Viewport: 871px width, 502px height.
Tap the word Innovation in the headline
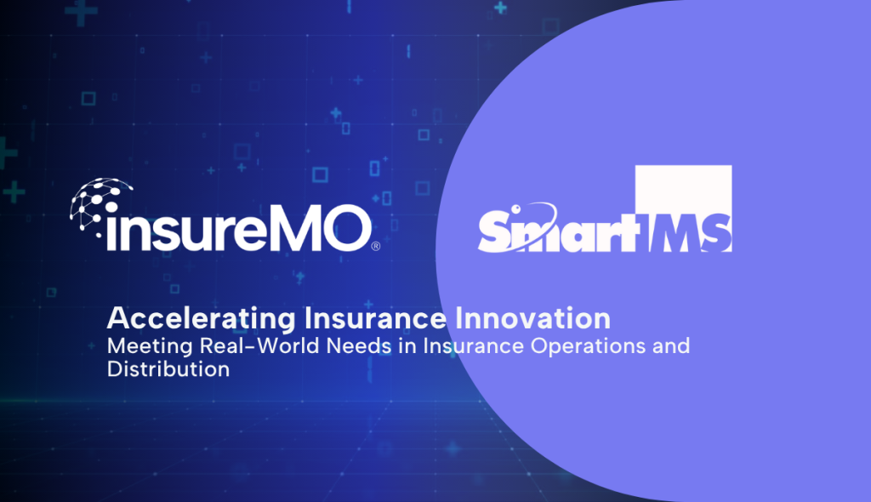click(532, 318)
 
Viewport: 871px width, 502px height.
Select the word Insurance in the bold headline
click(375, 318)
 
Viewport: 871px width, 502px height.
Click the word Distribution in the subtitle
click(168, 369)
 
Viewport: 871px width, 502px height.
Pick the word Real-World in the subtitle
click(259, 345)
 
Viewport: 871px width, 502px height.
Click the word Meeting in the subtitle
click(150, 347)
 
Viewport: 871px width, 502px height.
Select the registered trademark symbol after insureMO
click(375, 246)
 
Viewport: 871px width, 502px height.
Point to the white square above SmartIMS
click(683, 190)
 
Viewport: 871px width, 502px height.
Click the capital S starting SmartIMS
click(496, 230)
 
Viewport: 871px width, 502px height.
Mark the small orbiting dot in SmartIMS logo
click(515, 209)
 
